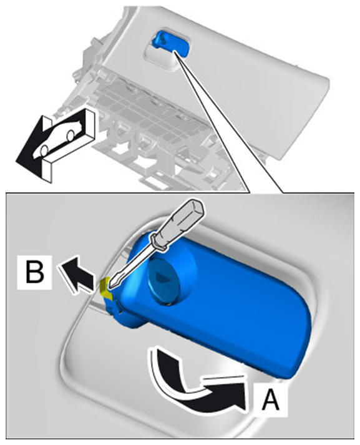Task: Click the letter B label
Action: (x=35, y=272)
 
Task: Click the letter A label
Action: (x=270, y=399)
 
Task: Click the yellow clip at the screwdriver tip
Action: (x=105, y=286)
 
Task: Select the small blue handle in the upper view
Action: (x=170, y=42)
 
